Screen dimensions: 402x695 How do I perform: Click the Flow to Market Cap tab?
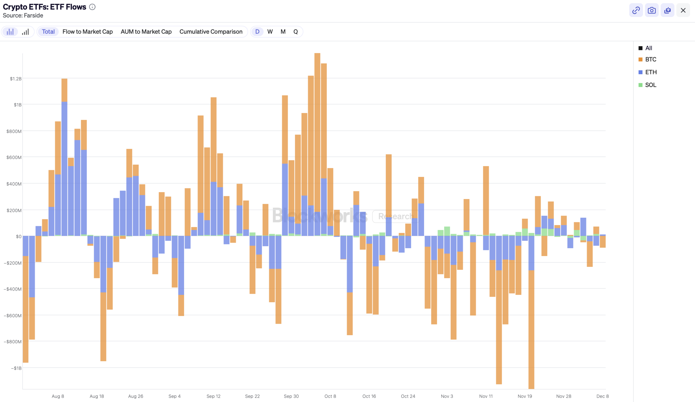(87, 32)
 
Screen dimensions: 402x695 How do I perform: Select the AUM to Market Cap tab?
(146, 32)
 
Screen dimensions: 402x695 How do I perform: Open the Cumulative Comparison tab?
(211, 32)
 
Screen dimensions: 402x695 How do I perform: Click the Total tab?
(48, 32)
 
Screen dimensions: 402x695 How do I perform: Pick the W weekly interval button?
(270, 32)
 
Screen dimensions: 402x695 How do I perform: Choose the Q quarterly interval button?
(295, 32)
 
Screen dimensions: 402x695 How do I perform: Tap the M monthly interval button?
(283, 32)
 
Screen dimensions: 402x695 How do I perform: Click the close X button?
(683, 11)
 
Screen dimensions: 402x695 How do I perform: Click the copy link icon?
(636, 11)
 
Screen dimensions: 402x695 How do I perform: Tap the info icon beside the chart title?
(92, 7)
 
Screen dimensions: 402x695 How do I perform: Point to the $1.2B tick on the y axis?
(16, 79)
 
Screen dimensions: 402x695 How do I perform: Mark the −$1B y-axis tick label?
(16, 368)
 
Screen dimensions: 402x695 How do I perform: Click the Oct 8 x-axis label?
(330, 396)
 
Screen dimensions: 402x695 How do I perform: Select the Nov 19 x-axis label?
(525, 396)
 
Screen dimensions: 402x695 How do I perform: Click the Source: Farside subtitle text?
(23, 15)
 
